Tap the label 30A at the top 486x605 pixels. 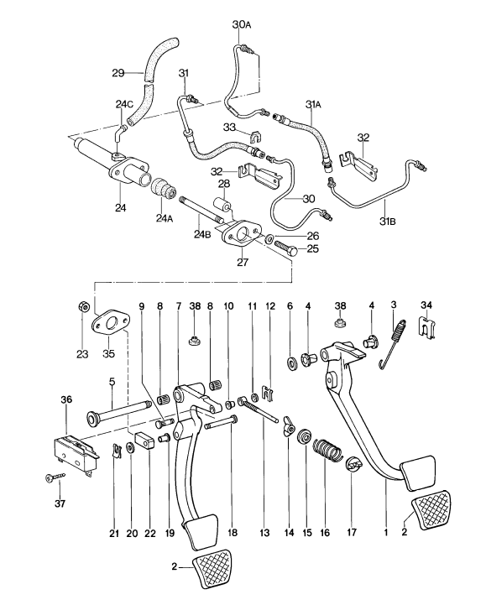[241, 26]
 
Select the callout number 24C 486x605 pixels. [124, 104]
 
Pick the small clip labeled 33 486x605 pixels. [253, 135]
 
